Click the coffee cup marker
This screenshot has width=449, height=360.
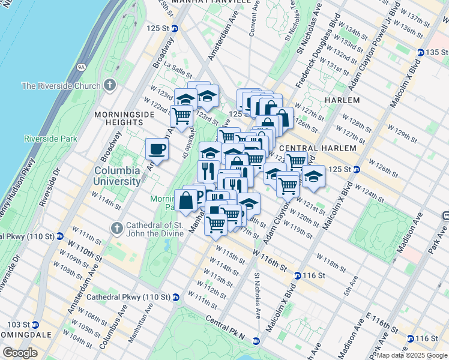pos(157,149)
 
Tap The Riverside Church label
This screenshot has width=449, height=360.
pos(61,86)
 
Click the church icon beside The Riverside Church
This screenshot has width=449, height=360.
pos(109,85)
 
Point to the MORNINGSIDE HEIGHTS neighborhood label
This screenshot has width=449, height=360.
pos(118,117)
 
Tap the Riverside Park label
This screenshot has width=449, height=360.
pos(51,139)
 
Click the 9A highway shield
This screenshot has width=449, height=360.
pos(81,67)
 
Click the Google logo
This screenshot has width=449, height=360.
pos(20,352)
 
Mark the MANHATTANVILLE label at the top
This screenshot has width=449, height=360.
pos(211,2)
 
